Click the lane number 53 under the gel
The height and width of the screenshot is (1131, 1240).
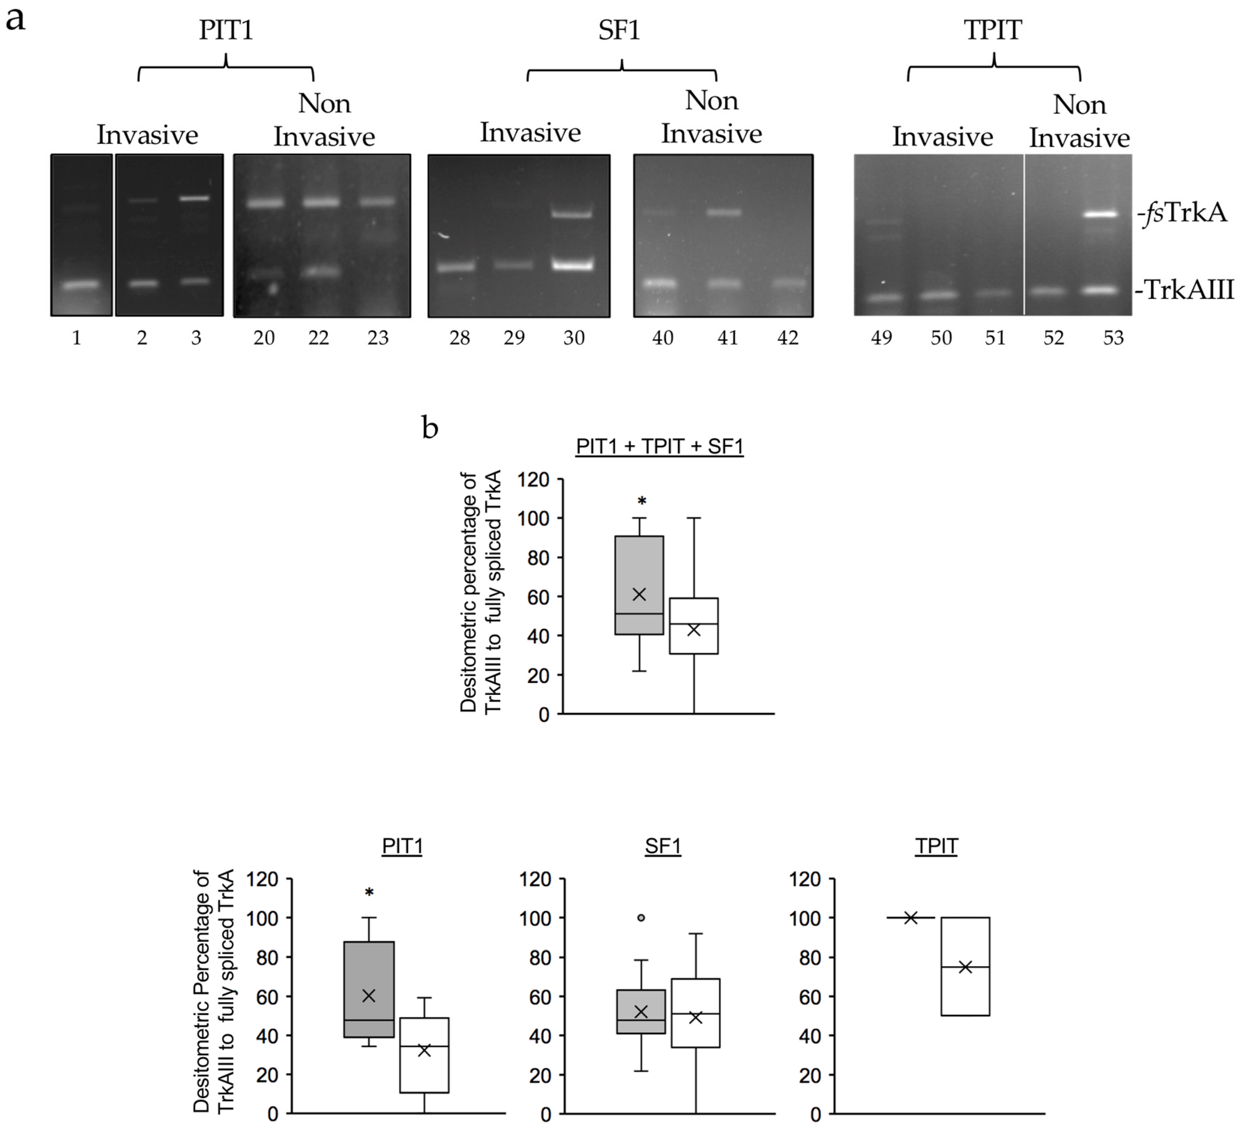(x=1113, y=338)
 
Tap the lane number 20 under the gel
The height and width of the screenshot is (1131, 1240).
(x=264, y=338)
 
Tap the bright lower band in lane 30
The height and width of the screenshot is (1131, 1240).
(x=572, y=265)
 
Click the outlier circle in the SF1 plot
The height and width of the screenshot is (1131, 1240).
(x=641, y=918)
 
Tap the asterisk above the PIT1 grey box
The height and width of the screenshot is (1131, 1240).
(x=369, y=892)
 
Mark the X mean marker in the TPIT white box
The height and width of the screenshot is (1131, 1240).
(x=965, y=968)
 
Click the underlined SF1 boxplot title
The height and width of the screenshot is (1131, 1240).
(x=662, y=846)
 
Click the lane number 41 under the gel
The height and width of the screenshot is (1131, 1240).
(x=728, y=338)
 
